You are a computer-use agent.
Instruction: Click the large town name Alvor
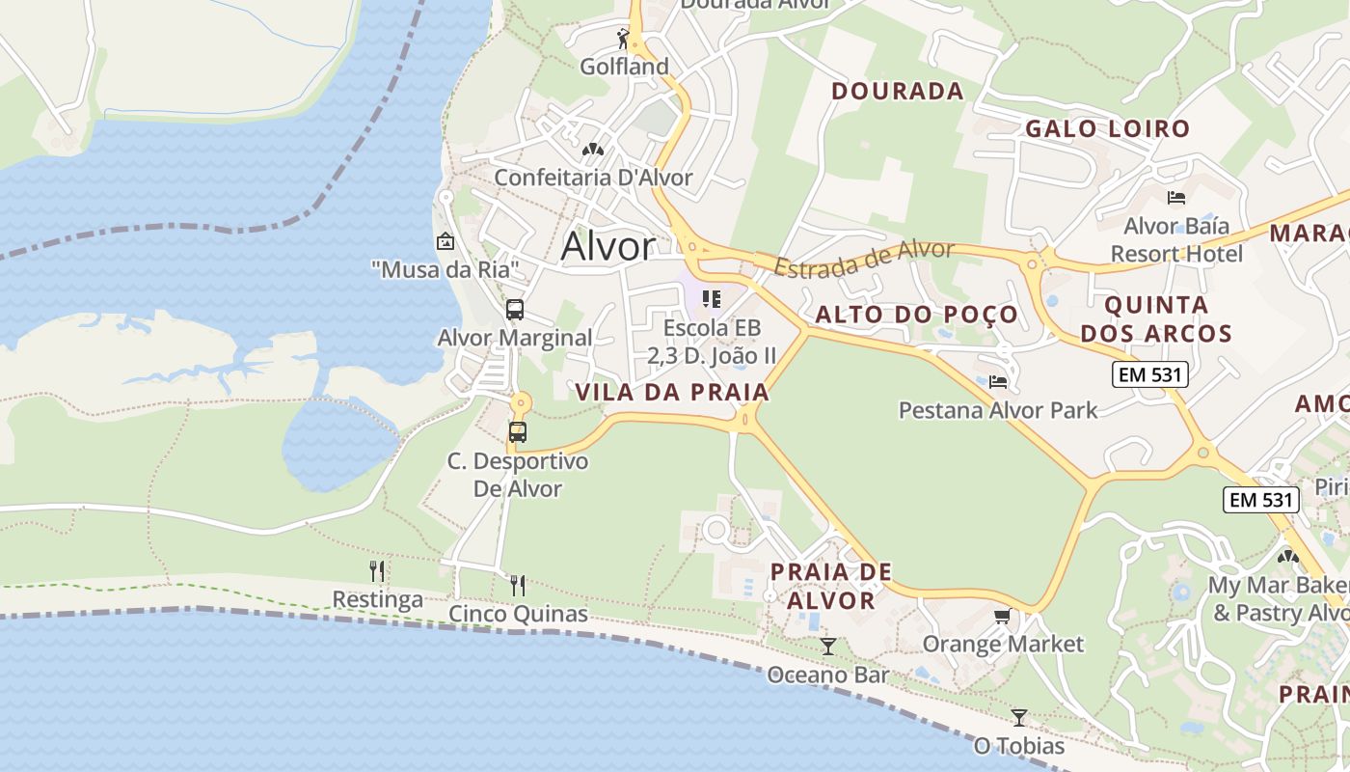click(607, 246)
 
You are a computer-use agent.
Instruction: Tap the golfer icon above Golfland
click(624, 39)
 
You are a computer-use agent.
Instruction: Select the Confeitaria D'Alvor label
click(593, 178)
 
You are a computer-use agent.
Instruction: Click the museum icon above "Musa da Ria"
click(445, 241)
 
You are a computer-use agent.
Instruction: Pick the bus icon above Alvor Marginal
click(515, 310)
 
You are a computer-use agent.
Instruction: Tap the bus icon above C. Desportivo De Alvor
click(518, 431)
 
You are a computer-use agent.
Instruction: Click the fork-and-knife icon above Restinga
click(378, 571)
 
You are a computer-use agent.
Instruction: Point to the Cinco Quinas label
click(518, 614)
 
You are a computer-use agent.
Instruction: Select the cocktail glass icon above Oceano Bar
click(827, 646)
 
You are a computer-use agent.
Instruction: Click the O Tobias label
click(1019, 746)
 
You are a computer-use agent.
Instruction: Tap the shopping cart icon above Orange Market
click(1003, 616)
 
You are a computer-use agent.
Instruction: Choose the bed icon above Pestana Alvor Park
click(998, 382)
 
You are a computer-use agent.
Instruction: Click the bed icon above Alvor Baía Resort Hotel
click(1176, 198)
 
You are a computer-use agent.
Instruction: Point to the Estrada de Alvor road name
click(864, 259)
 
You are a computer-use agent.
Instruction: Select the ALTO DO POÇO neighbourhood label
click(916, 315)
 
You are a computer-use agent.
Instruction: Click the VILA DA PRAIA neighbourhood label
click(672, 392)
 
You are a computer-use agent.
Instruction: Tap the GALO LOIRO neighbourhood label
click(1107, 128)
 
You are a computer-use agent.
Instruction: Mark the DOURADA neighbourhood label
click(897, 91)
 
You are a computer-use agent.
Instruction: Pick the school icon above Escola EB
click(712, 299)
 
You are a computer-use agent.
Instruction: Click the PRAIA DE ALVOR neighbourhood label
click(830, 586)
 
